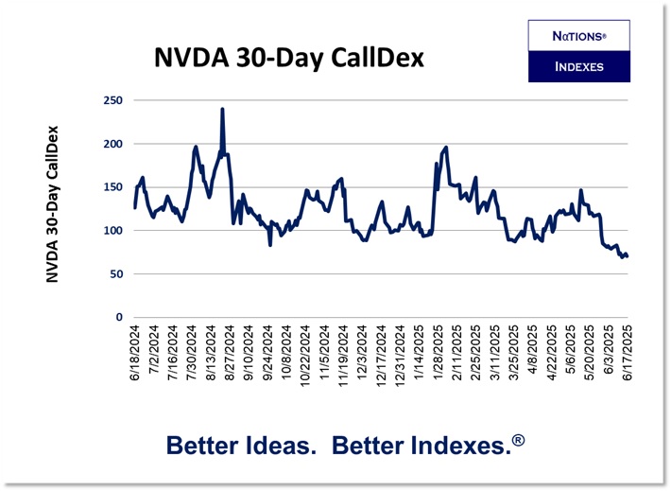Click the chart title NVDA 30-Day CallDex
pyautogui.click(x=289, y=58)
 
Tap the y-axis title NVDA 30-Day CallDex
pyautogui.click(x=53, y=203)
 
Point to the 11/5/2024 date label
pyautogui.click(x=326, y=355)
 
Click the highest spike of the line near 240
pyautogui.click(x=222, y=110)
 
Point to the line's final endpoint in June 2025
pyautogui.click(x=628, y=256)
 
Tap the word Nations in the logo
pyautogui.click(x=577, y=36)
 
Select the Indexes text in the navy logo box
pyautogui.click(x=578, y=66)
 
